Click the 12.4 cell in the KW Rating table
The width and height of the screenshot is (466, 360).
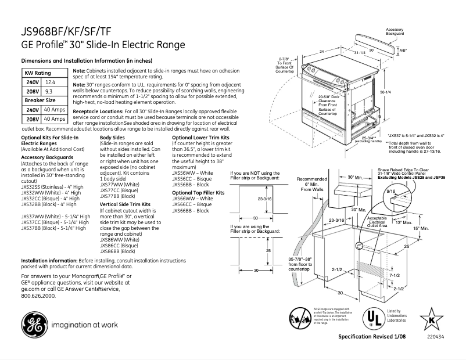[x=50, y=83]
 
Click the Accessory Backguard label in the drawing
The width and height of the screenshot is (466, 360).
[x=395, y=31]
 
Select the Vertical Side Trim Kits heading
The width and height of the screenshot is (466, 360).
[x=125, y=204]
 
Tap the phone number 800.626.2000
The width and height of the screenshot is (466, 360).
[x=38, y=296]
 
